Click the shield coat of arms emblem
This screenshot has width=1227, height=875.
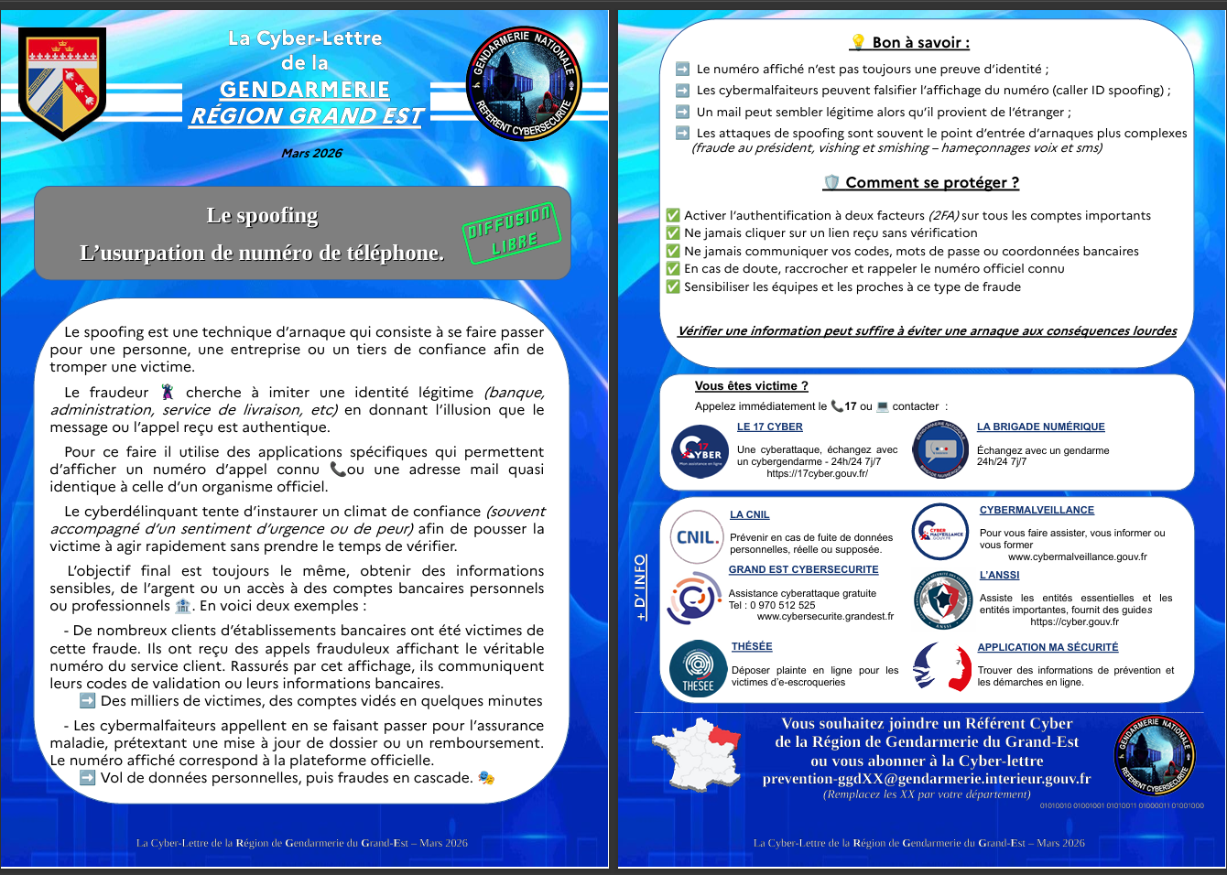(x=62, y=82)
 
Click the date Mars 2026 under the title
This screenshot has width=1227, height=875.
(x=311, y=153)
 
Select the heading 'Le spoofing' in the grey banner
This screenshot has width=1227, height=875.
(x=262, y=216)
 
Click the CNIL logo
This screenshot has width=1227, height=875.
(x=697, y=536)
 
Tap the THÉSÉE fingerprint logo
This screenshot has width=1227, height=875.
(x=698, y=668)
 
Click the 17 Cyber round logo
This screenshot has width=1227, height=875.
(x=700, y=450)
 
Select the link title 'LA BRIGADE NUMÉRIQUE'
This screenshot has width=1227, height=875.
(x=1040, y=427)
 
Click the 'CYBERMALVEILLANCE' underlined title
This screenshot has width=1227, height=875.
(x=1037, y=510)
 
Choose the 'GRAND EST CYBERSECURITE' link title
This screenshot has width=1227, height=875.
(x=803, y=569)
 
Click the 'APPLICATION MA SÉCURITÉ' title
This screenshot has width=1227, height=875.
(x=1048, y=647)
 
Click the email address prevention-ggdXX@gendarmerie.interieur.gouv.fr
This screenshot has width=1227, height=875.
(x=927, y=778)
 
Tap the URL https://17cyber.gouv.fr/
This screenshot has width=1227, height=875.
(x=817, y=473)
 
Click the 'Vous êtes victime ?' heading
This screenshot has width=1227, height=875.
(x=751, y=385)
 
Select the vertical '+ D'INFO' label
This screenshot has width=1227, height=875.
(x=640, y=587)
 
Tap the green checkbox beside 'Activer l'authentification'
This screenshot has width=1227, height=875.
(x=673, y=215)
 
